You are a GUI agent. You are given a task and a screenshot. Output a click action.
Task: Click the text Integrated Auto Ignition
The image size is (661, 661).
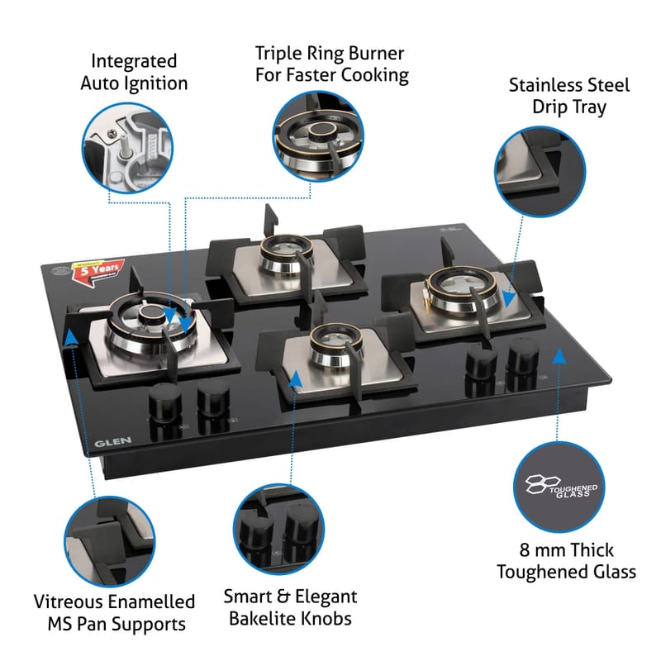pos(134,72)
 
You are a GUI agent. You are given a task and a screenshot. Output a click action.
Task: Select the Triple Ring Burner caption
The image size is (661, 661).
pos(330,64)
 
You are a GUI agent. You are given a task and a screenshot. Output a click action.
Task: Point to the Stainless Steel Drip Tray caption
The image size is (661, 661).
pos(569,96)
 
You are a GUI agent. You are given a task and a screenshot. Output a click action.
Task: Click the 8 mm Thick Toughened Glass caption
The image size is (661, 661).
pos(567,561)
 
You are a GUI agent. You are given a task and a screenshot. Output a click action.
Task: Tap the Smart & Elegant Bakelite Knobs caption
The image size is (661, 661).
pos(290,607)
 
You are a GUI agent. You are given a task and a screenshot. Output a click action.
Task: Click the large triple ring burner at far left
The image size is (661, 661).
pos(150,316)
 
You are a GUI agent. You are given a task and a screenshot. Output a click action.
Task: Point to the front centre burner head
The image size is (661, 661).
pos(328,347)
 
